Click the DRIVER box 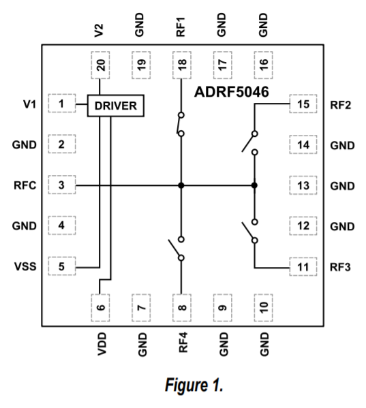[115, 106]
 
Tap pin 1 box [61, 104]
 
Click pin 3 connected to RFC [61, 185]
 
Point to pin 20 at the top [101, 65]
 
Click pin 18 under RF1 [181, 65]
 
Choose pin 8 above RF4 [181, 307]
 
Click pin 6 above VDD [101, 307]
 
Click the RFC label [25, 185]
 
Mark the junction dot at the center [181, 185]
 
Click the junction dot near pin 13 [254, 185]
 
